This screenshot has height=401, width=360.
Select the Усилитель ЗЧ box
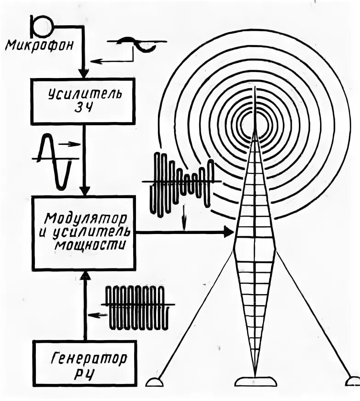pos(83,100)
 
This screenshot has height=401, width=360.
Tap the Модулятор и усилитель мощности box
pos(84,232)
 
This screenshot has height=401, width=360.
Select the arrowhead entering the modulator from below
pos(85,275)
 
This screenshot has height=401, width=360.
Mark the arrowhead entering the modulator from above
pos(83,190)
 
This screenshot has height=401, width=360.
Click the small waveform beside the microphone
pos(137,44)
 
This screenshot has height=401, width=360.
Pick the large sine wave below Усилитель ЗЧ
pos(56,161)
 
